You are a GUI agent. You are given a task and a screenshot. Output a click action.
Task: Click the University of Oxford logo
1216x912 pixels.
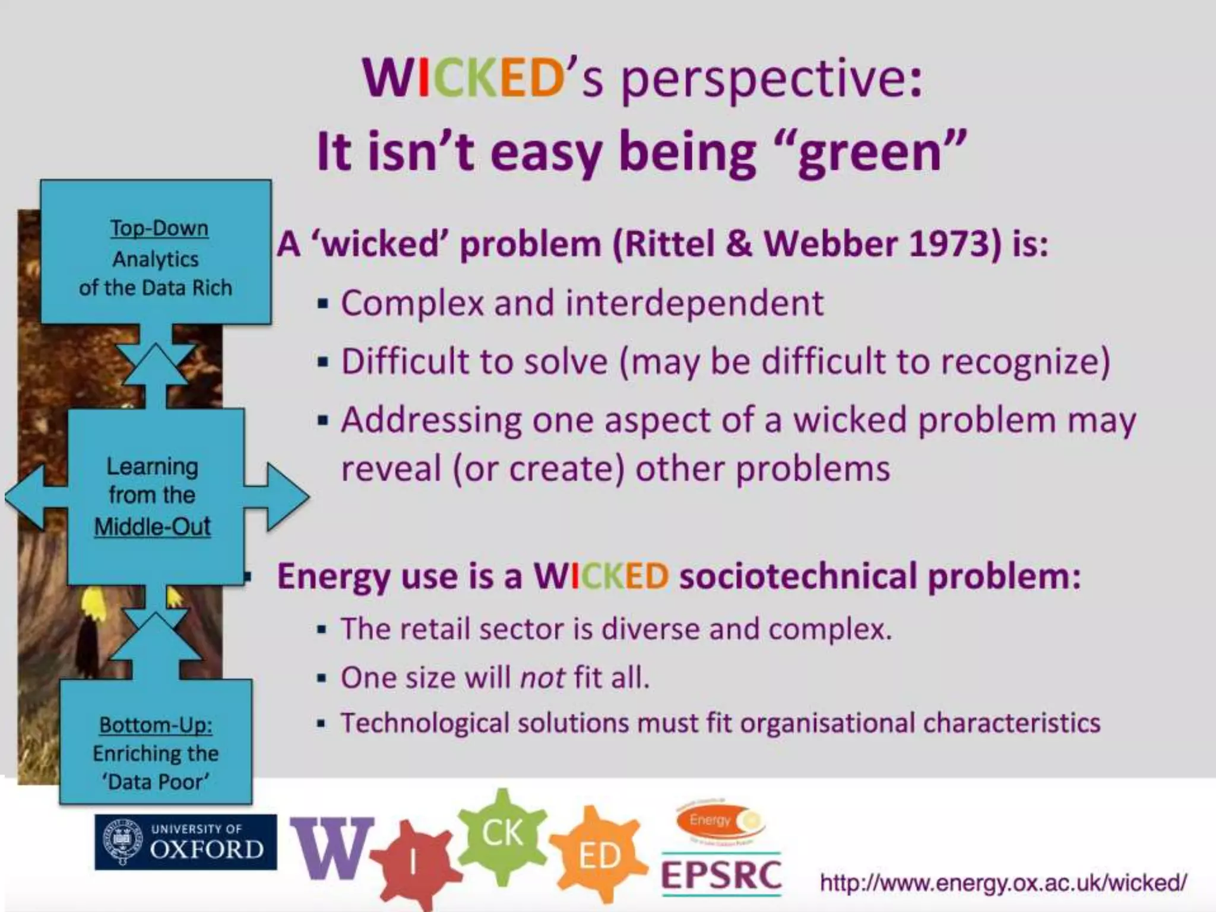[x=185, y=842]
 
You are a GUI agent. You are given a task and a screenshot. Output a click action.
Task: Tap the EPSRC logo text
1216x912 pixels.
[x=721, y=876]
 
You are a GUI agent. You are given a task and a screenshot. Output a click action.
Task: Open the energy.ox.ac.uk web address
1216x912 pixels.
[x=1003, y=883]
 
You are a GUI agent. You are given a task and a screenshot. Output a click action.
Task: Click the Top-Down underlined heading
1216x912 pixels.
[x=159, y=228]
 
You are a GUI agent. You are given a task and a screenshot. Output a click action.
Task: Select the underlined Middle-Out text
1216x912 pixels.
[x=153, y=527]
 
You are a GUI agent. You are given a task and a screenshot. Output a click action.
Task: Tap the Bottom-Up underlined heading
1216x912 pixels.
[x=156, y=724]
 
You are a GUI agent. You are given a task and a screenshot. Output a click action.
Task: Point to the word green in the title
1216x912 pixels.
[x=870, y=153]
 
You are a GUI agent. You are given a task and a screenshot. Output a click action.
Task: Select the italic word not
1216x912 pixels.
[x=542, y=677]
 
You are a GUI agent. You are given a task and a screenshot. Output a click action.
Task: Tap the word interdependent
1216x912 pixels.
[x=694, y=303]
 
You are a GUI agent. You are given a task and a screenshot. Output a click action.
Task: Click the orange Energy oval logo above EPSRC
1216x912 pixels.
[x=720, y=821]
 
